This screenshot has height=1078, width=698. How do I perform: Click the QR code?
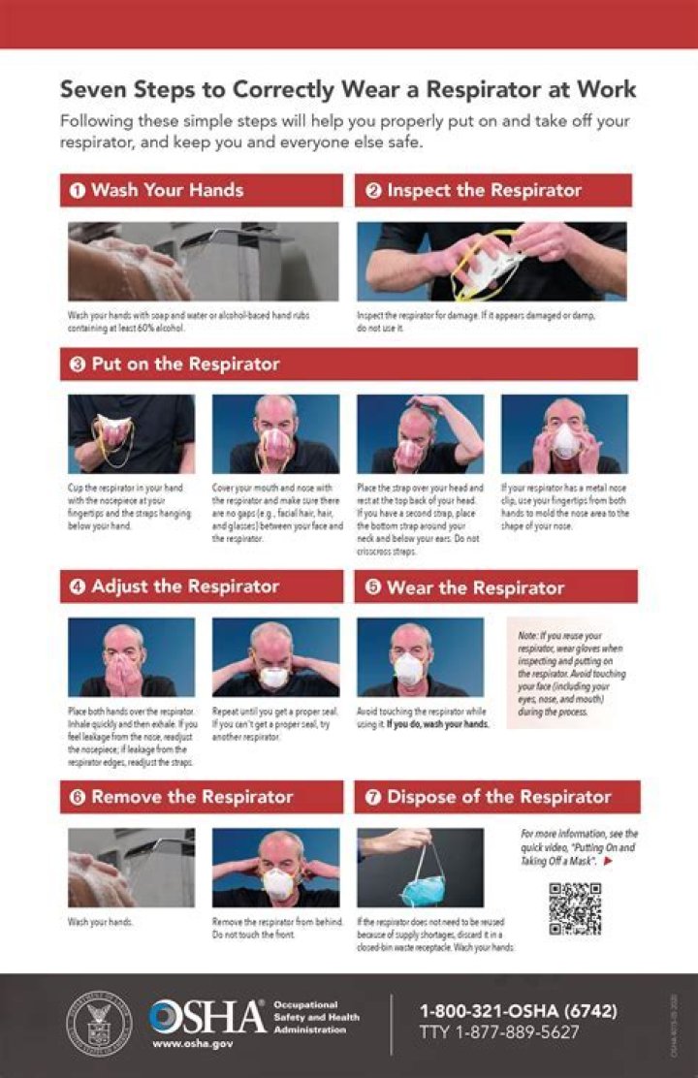tap(575, 908)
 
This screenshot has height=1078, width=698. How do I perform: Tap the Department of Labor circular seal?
tap(98, 1023)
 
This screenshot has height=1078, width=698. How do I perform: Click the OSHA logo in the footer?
tap(207, 1016)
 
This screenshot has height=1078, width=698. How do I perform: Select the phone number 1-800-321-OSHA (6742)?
tap(518, 1011)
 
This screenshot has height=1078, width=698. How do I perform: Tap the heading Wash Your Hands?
tap(167, 190)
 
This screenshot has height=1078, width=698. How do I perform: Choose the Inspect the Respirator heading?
tap(484, 190)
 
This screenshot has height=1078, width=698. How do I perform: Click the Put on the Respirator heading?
tap(185, 365)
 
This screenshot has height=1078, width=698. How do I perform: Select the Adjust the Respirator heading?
tap(185, 587)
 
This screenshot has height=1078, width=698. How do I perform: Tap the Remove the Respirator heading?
tap(192, 797)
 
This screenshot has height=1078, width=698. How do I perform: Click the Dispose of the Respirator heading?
tap(498, 797)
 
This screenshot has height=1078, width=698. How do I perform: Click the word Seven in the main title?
tap(91, 90)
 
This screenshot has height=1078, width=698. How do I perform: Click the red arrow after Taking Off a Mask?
tap(608, 860)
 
